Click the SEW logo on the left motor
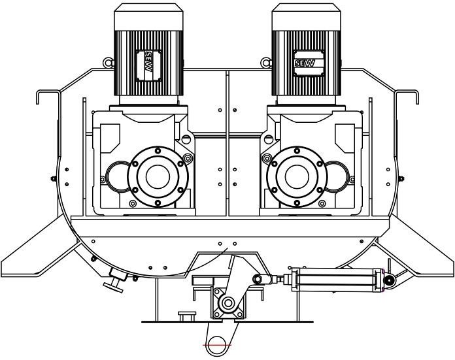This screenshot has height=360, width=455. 148,62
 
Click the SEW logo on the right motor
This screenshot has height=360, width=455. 305,63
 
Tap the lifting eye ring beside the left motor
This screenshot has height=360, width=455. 108,62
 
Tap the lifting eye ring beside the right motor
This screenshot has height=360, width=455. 265,62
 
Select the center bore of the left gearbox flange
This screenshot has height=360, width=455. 158,176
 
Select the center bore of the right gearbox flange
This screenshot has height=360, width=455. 297,176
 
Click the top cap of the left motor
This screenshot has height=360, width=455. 148,17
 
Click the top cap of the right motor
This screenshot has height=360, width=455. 306,17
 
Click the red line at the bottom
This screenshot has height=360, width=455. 217,345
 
